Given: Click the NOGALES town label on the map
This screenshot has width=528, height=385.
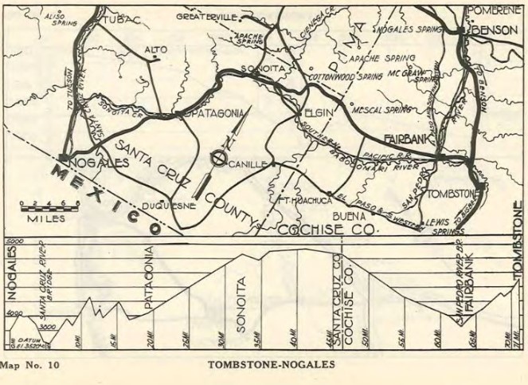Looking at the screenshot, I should (x=100, y=163).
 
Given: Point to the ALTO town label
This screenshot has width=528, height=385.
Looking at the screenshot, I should (x=155, y=49).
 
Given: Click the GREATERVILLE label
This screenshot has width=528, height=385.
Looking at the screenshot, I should (x=207, y=16).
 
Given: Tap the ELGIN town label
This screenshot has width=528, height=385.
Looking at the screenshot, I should (x=317, y=113).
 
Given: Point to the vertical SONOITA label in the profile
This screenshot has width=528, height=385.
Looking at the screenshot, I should (x=241, y=302).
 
